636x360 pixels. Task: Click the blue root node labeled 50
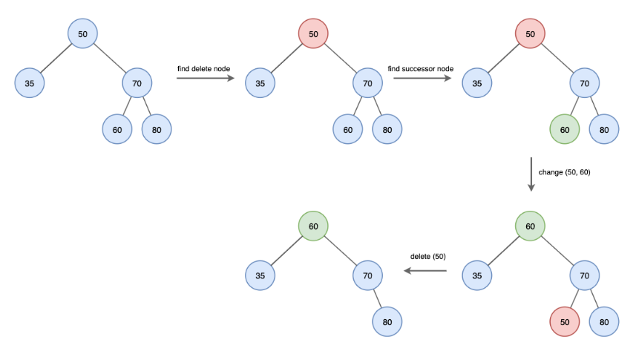pos(82,34)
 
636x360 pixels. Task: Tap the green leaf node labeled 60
pos(565,129)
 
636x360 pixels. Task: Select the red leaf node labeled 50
pos(565,321)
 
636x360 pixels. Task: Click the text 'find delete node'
pos(203,68)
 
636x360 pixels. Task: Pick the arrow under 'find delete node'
pos(204,79)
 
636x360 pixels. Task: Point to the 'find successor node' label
pos(421,68)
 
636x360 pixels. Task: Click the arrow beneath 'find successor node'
pos(422,79)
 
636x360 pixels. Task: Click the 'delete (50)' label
pos(428,257)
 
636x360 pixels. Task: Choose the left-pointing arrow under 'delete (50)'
pos(425,271)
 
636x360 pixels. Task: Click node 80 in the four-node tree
pos(387,321)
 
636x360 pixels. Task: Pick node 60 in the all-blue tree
pos(117,129)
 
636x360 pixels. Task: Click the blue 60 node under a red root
pos(348,129)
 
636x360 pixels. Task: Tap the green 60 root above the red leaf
pos(530,226)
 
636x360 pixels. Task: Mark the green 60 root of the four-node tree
pos(313,226)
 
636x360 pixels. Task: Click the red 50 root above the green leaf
pos(530,34)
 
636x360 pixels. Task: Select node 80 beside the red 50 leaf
pos(604,321)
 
